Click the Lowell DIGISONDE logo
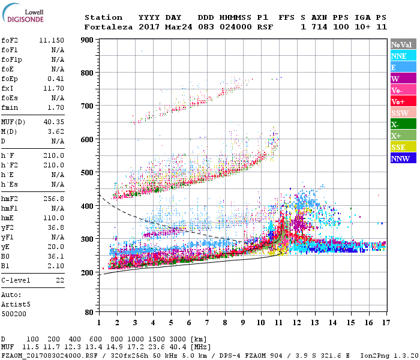(24, 14)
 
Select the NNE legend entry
(398, 56)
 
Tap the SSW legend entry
(400, 113)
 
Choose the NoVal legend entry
(400, 44)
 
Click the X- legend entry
(395, 124)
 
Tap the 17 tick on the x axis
(385, 322)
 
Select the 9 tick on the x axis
(243, 322)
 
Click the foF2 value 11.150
(52, 40)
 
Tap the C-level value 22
(59, 280)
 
